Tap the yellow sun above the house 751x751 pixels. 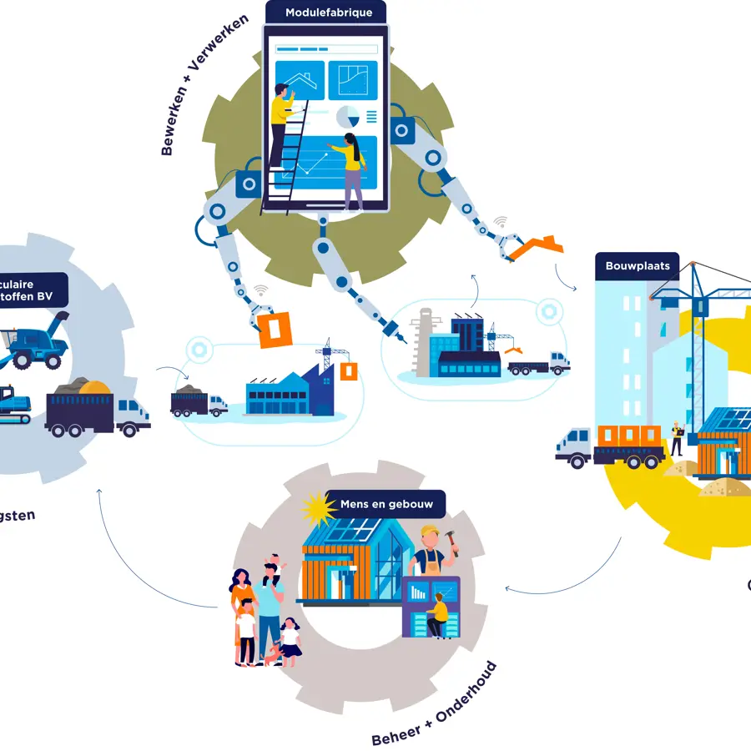pyautogui.click(x=318, y=507)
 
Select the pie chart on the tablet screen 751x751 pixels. pyautogui.click(x=348, y=118)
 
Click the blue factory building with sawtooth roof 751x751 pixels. pyautogui.click(x=288, y=392)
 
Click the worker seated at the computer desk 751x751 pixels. pyautogui.click(x=437, y=614)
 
